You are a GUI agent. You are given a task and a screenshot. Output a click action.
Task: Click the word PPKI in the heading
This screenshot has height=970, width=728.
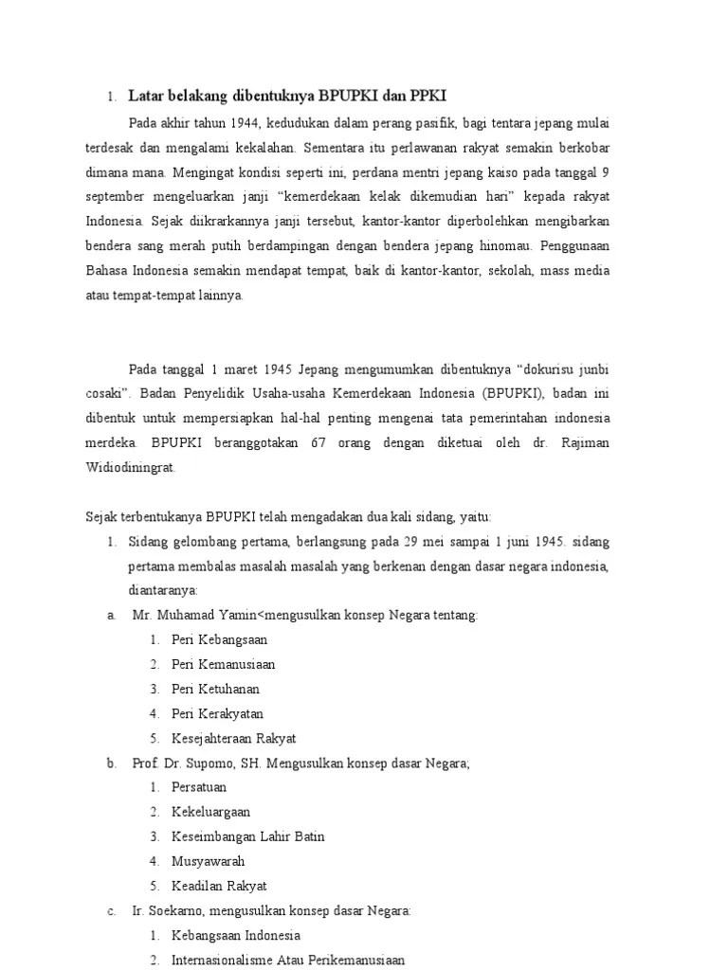(427, 96)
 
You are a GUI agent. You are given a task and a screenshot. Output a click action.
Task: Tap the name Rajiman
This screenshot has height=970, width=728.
(587, 442)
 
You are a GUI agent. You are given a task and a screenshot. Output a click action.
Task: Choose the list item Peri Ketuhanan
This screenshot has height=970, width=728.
(215, 689)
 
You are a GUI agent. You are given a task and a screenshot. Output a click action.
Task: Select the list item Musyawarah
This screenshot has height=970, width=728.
(208, 861)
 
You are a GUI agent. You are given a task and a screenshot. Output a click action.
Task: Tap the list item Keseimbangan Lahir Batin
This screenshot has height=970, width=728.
(247, 836)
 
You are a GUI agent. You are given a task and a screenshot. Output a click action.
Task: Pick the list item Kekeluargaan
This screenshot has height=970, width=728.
(210, 812)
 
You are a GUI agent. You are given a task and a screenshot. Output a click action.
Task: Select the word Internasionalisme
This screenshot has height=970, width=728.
(227, 960)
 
